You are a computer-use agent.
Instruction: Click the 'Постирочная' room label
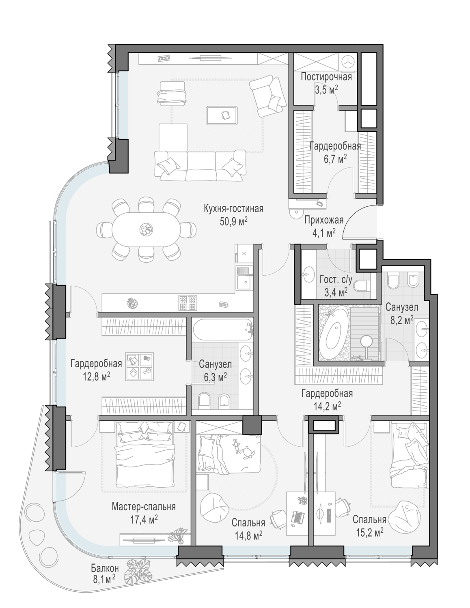326,77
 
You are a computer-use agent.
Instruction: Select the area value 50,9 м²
234,222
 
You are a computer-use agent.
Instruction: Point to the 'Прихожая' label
324,220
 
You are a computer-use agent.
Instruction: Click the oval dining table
146,229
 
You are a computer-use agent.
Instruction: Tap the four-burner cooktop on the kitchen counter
188,303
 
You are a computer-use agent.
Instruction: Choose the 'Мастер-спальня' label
144,507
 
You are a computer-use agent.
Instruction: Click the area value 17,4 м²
144,520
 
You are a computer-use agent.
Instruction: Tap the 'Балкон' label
105,568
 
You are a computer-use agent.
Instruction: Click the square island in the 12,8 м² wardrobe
140,366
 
